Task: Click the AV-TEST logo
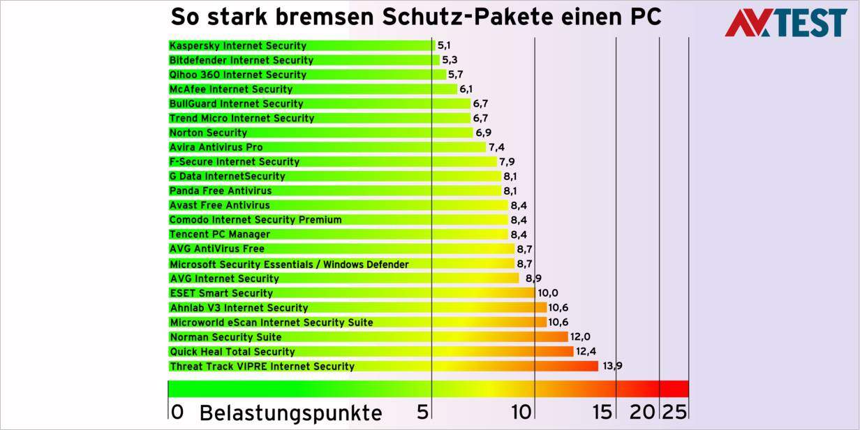[x=785, y=22]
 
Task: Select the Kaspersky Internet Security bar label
[x=238, y=46]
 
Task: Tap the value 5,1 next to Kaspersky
[x=444, y=46]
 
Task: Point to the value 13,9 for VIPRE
[x=611, y=366]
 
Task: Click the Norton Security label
[x=208, y=133]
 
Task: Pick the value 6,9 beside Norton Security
[x=484, y=133]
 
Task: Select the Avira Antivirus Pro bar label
[x=216, y=147]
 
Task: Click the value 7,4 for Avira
[x=496, y=147]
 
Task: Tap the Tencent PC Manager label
[x=220, y=235]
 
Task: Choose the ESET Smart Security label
[x=221, y=293]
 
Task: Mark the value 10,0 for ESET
[x=548, y=293]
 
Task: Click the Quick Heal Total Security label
[x=232, y=352]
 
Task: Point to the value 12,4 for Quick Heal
[x=586, y=352]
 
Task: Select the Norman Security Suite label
[x=225, y=337]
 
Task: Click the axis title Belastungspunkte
[x=290, y=413]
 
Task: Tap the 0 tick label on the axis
[x=177, y=413]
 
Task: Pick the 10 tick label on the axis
[x=521, y=413]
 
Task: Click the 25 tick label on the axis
[x=674, y=413]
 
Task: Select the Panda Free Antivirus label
[x=221, y=191]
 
